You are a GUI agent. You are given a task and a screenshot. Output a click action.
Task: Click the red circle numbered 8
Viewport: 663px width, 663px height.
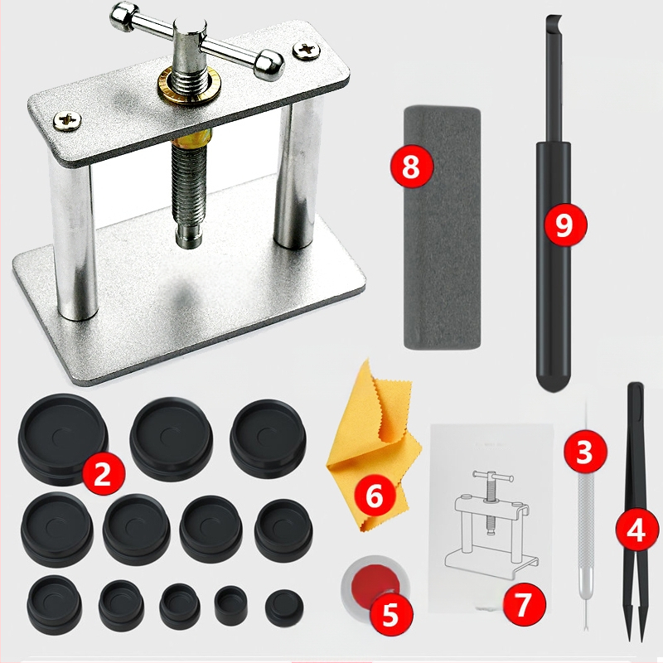pos(411,167)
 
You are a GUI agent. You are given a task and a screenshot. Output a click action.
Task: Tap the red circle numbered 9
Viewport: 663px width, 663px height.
pos(565,225)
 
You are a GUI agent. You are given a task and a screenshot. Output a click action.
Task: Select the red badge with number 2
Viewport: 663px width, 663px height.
pos(103,474)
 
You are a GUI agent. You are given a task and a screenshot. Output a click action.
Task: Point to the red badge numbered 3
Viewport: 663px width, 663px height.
pos(585,452)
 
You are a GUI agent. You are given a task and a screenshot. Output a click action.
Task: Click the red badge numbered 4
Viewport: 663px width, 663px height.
pos(636,530)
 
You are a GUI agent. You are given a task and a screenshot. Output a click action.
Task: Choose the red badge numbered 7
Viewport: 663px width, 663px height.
pos(525,605)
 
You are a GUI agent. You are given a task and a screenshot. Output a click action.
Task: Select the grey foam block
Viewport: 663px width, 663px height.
pos(443,229)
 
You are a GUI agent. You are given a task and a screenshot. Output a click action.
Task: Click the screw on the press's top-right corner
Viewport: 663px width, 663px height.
pos(307,51)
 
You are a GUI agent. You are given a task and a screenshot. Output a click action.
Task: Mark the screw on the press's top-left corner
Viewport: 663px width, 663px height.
pos(67,120)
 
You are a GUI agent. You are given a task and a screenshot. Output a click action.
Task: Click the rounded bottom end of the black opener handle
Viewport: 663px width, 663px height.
pos(554,380)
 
